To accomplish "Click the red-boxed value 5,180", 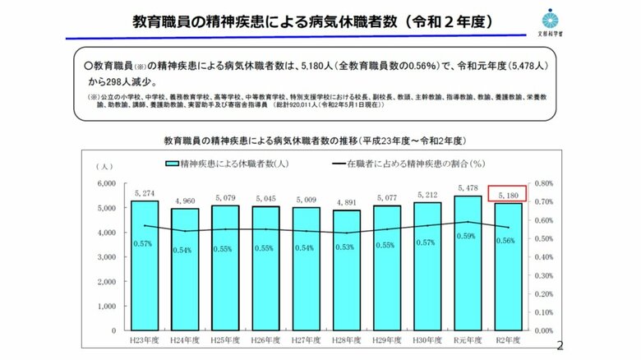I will click(x=506, y=194).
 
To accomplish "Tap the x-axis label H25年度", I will click(x=224, y=339).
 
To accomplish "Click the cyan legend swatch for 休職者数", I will click(x=175, y=164).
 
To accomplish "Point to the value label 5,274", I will click(x=145, y=194).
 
